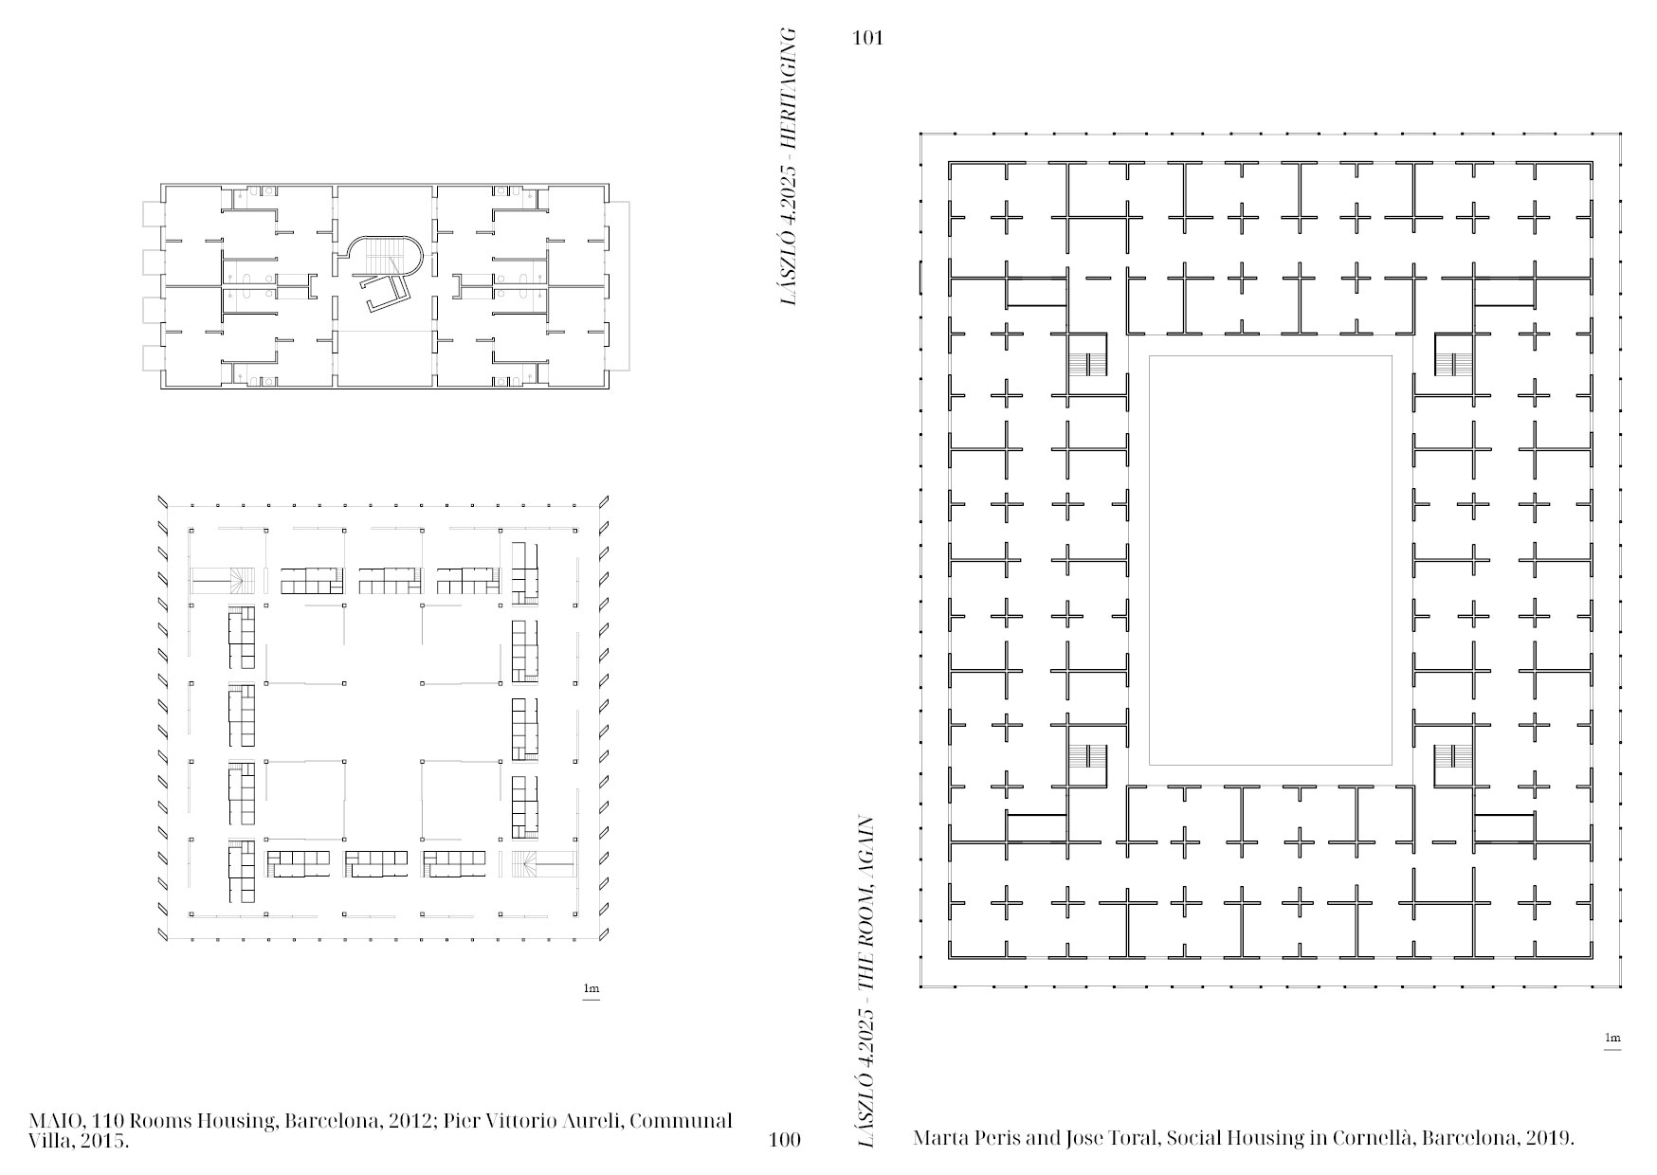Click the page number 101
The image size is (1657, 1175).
[867, 39]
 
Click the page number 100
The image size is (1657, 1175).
[785, 1140]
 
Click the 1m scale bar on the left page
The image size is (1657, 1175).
[592, 991]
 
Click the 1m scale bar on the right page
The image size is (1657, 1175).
[1612, 1040]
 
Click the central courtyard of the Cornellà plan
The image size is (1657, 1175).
[1270, 559]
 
